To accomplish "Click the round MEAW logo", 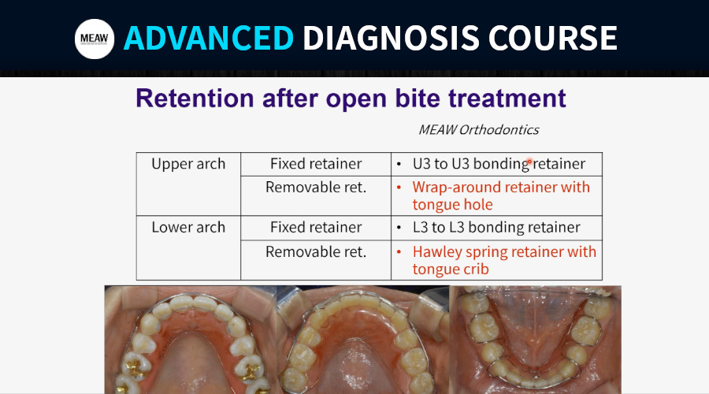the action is click(x=95, y=39).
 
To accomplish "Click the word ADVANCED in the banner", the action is click(x=209, y=38).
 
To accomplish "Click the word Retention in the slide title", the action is click(x=195, y=98).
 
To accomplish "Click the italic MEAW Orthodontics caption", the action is click(x=478, y=130).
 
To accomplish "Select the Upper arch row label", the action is click(x=188, y=164).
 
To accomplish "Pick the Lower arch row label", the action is click(x=188, y=227).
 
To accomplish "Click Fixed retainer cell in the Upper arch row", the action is click(x=316, y=164).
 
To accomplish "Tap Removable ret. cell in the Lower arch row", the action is click(x=316, y=251).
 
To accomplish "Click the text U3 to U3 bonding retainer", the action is click(x=499, y=164).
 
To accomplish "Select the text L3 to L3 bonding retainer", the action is click(x=496, y=227).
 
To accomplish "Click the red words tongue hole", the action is click(x=452, y=204).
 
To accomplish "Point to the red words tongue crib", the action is click(x=451, y=269).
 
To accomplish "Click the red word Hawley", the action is click(x=437, y=252).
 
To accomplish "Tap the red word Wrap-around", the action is click(x=463, y=188).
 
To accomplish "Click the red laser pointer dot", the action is click(x=529, y=162).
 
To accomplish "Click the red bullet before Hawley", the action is click(x=399, y=251).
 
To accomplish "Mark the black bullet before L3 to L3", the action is click(x=399, y=228).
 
